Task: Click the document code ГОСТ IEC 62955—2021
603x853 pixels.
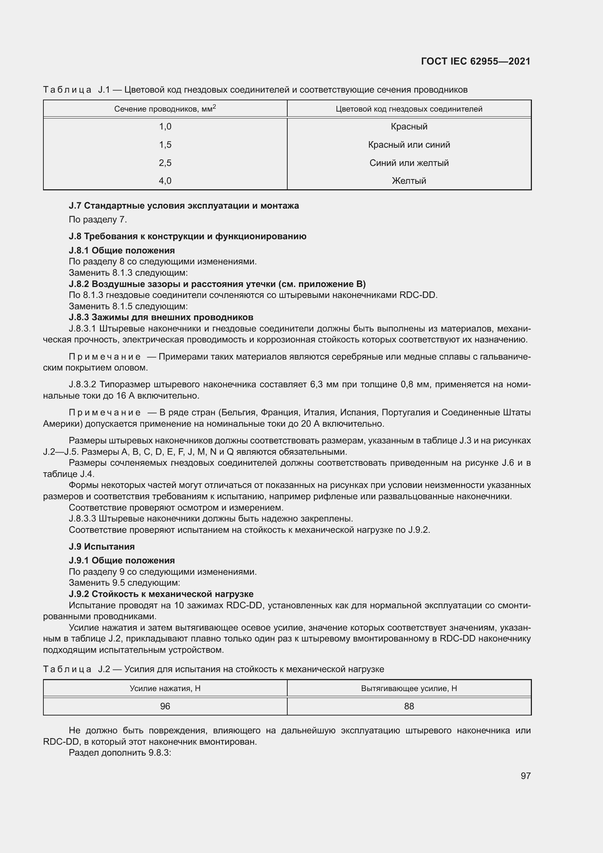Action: point(476,61)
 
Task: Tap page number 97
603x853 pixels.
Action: point(525,776)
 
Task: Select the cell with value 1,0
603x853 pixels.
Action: point(165,127)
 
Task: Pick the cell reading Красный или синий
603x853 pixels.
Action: point(409,145)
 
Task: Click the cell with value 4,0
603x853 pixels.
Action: point(165,181)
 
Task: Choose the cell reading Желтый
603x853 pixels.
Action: point(409,181)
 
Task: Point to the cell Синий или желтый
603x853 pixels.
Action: point(409,163)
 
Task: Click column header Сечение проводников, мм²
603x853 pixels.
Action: point(165,109)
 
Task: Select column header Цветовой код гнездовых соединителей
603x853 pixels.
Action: point(409,109)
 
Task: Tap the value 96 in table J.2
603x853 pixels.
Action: point(165,706)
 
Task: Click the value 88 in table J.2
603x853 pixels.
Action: point(409,706)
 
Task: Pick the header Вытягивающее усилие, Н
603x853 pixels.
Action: point(409,689)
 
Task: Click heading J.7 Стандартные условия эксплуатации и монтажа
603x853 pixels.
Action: point(184,206)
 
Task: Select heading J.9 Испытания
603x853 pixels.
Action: point(102,547)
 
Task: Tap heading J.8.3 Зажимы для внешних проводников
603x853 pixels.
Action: point(161,317)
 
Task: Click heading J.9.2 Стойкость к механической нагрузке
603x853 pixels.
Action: point(161,594)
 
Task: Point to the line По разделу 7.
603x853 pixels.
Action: point(98,220)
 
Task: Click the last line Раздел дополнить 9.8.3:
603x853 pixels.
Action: point(120,753)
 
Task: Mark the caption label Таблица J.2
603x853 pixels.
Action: point(76,670)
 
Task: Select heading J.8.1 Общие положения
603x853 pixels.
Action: point(122,251)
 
